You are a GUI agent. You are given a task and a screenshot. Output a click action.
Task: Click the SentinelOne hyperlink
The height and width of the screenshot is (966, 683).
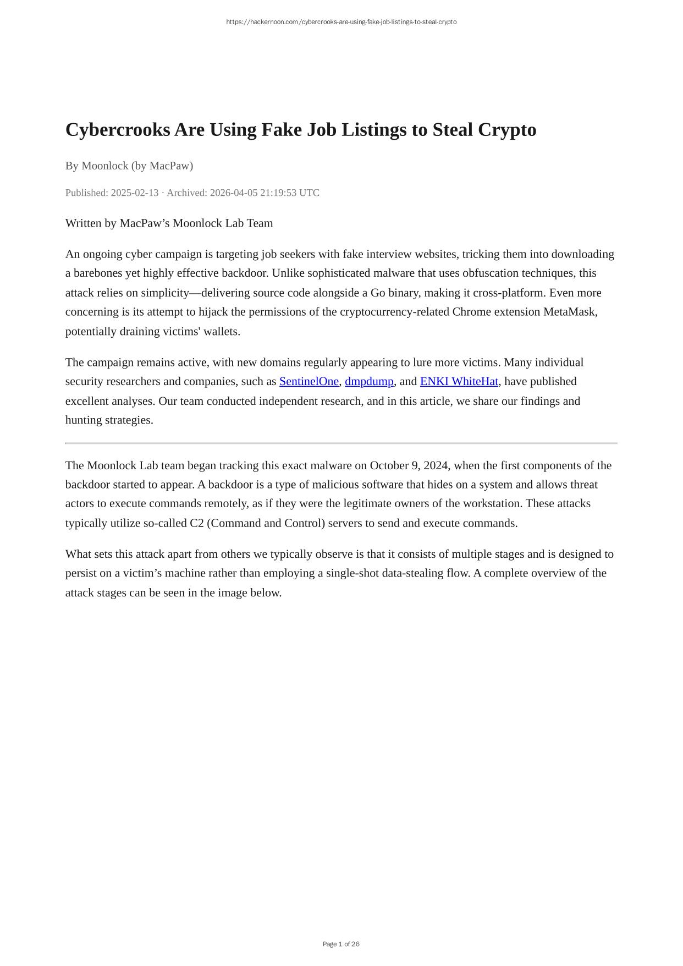point(309,382)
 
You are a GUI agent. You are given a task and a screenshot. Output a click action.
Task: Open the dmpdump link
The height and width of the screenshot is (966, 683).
point(369,382)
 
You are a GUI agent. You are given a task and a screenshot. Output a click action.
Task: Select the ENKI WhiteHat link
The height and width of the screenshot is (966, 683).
point(459,382)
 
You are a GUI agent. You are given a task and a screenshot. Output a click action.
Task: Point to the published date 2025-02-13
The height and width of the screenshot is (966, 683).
point(134,193)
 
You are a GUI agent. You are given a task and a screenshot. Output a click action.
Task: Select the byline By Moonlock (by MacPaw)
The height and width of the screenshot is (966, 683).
point(129,166)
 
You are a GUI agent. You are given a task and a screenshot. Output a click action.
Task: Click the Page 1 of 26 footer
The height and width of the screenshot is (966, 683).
point(341,944)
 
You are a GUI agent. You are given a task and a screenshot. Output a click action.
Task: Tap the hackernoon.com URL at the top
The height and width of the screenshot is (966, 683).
point(341,22)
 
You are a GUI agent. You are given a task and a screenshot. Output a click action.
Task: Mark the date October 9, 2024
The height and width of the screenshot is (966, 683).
point(409,466)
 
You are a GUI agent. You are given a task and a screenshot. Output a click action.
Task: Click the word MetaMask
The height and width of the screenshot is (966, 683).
point(570,312)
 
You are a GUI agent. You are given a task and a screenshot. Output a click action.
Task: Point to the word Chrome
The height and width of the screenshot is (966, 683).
point(471,312)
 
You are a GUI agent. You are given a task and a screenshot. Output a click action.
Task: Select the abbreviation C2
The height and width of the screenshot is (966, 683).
point(196,523)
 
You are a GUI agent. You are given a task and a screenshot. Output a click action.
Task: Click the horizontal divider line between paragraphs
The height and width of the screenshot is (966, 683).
point(341,443)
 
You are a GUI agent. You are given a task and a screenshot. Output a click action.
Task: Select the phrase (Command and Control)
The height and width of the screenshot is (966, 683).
point(266,523)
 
